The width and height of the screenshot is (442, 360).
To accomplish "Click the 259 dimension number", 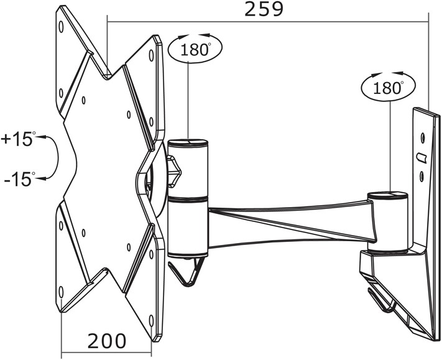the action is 264,9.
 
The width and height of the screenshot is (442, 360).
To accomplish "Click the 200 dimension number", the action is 107,341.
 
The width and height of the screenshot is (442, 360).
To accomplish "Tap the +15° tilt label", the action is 17,139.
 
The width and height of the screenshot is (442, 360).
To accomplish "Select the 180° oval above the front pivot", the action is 195,48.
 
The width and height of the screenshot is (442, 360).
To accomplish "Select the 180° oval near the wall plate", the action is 389,87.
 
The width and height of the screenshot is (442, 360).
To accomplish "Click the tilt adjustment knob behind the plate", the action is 173,172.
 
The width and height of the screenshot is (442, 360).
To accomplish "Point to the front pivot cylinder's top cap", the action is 188,142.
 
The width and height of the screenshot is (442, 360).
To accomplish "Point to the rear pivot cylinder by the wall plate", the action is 388,222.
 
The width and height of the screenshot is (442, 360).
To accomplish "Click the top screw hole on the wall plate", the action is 423,138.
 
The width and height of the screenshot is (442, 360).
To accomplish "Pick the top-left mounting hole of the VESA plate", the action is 61,27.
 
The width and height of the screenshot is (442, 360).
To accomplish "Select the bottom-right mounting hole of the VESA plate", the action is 151,321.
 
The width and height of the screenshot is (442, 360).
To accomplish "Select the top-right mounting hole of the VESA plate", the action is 151,55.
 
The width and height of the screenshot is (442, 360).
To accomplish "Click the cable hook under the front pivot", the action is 185,272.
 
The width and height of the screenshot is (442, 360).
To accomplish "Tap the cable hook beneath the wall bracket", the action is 380,300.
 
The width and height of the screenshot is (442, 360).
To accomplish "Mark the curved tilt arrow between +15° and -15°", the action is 57,157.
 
